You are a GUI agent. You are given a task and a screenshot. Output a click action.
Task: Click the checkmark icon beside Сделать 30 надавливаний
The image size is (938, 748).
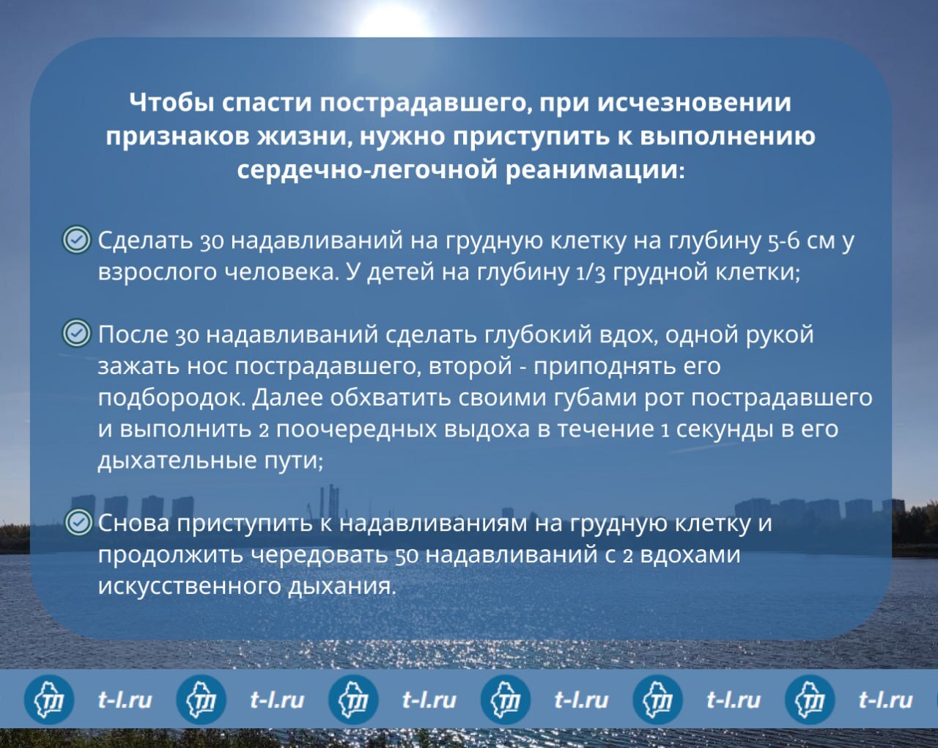point(77,240)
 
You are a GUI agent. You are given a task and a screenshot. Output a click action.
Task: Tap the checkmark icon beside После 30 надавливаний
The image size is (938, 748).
point(77,333)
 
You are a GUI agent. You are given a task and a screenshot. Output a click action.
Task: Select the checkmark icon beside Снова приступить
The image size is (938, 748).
point(78,522)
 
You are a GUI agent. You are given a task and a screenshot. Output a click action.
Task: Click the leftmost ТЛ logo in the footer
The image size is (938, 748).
point(48,700)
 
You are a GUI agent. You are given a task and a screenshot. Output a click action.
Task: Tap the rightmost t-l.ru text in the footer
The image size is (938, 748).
point(885,700)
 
